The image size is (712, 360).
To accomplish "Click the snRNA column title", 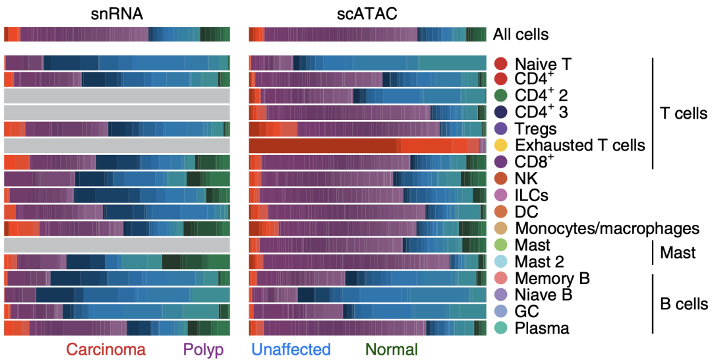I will point(117,13).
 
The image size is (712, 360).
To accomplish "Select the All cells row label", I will point(521,34).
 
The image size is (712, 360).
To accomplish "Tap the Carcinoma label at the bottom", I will point(105,349).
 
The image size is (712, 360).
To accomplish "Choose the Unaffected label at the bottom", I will point(291,349).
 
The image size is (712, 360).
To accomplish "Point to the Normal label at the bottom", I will point(391,349).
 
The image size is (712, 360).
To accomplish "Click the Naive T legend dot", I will point(501,64).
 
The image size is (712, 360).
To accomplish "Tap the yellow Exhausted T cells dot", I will point(501,146).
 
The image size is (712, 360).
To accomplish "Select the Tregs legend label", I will point(535,129).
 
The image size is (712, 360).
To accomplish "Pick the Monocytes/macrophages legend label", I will point(607,228).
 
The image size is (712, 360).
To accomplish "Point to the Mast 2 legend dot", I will point(501,261).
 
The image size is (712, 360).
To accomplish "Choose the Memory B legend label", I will point(552,278).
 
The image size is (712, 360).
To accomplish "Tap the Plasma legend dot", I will point(501,327).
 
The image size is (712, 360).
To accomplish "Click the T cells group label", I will point(683,113).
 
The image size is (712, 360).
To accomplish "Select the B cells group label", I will point(684,303).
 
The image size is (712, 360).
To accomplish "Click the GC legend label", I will point(526,311).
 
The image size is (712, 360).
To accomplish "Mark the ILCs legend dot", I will point(501,195).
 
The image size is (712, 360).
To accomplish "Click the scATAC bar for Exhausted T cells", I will point(367,146).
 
